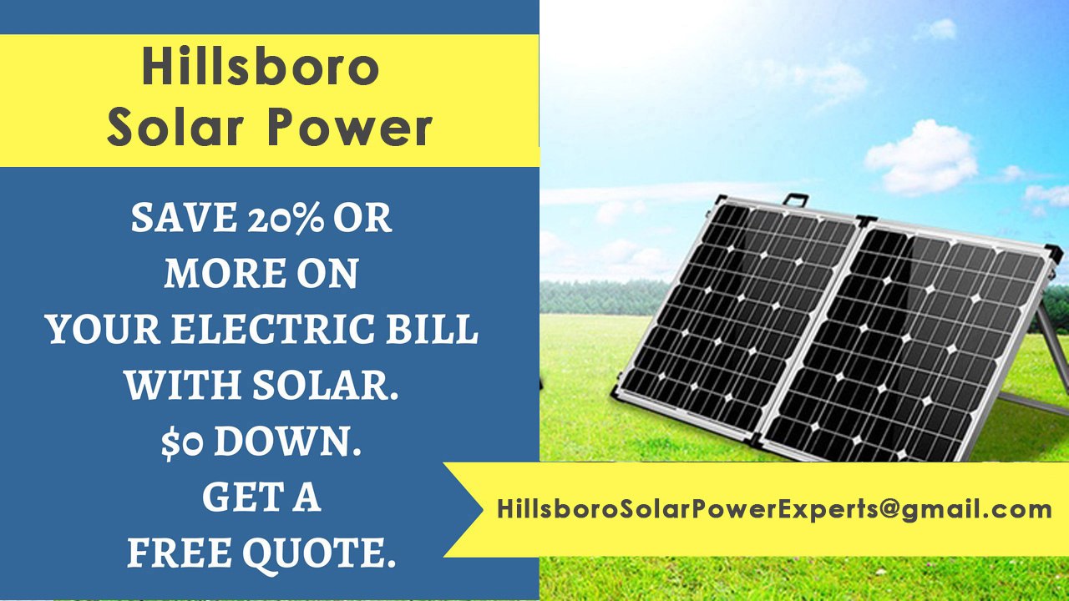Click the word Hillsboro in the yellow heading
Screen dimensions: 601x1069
click(x=261, y=67)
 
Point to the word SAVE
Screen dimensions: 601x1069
click(x=184, y=219)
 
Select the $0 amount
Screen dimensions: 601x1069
click(x=184, y=442)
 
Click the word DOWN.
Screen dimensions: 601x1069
click(x=287, y=442)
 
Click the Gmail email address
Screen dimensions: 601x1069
click(x=773, y=508)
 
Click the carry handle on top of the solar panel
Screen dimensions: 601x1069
click(x=795, y=200)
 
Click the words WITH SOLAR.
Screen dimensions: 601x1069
click(x=261, y=386)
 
